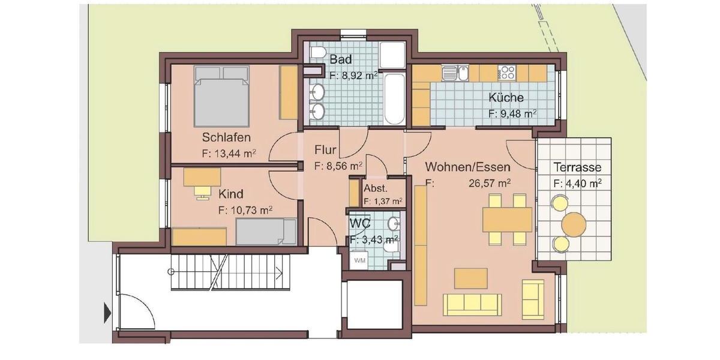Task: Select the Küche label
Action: (x=505, y=97)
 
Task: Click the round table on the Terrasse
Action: (x=574, y=224)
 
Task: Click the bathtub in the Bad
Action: (x=394, y=99)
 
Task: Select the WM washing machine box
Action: (x=359, y=260)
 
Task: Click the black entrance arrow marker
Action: (x=107, y=313)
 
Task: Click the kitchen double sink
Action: (x=455, y=73)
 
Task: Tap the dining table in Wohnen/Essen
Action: (x=508, y=219)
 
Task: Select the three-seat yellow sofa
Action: (x=472, y=304)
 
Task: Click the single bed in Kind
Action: (x=266, y=232)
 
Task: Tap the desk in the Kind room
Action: (x=202, y=176)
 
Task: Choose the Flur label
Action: (x=325, y=150)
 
